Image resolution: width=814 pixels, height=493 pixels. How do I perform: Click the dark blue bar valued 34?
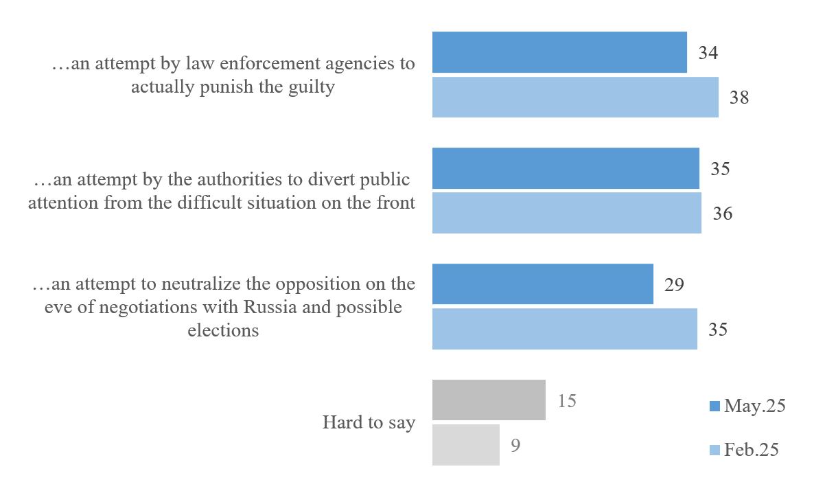pos(559,52)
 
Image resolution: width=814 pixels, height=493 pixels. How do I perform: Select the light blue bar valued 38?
pos(575,97)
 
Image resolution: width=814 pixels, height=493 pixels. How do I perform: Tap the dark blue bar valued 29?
pos(542,284)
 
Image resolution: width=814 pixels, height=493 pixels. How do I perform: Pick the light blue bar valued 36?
pos(566,213)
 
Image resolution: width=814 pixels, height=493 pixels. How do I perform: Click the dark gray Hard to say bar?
pos(489,400)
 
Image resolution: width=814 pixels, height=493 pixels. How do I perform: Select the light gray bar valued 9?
pos(465,445)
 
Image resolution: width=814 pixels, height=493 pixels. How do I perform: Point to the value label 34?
pos(708,53)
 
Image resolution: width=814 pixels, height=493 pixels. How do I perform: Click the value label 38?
pos(739,98)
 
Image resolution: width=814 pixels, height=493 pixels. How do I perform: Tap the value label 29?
pos(674,284)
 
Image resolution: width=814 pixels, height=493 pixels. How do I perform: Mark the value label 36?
pos(722,214)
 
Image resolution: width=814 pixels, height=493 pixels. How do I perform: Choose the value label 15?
pos(566,400)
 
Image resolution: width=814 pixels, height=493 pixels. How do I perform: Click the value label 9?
pos(515,446)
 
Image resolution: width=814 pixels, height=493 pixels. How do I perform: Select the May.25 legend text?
pos(754,406)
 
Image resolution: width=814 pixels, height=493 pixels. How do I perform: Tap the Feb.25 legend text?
pos(752,450)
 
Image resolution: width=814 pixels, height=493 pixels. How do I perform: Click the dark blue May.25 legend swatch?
pos(714,406)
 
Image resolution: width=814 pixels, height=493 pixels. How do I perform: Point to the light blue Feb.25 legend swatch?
pos(714,450)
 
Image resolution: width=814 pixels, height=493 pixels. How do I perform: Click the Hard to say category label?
pos(369,422)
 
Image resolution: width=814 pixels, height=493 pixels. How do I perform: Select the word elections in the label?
pos(223,330)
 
